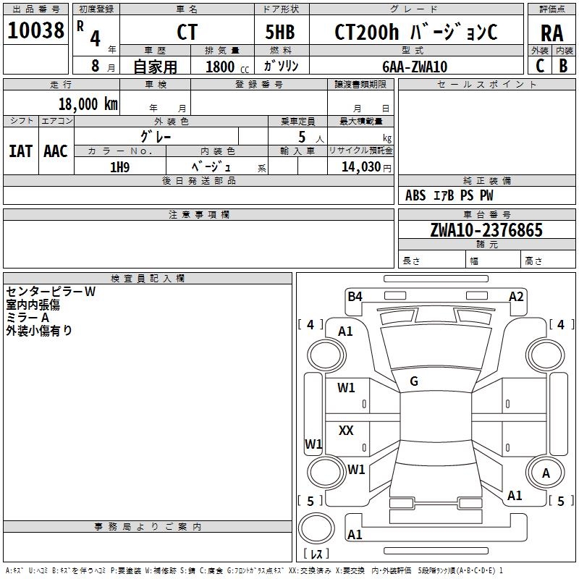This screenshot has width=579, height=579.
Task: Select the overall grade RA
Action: [551, 33]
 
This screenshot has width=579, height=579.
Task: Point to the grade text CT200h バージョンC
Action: [415, 33]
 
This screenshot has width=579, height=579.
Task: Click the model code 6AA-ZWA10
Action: [415, 67]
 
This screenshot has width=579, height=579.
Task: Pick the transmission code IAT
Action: [20, 151]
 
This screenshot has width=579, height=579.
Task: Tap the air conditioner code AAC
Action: [56, 151]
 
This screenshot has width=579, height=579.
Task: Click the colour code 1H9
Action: [119, 166]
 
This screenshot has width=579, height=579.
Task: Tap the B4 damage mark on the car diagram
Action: [355, 296]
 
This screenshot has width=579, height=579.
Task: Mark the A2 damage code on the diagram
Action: [516, 296]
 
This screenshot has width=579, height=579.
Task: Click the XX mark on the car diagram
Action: [346, 431]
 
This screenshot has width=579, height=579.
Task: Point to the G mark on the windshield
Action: [414, 381]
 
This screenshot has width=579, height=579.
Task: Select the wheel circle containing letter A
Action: [546, 473]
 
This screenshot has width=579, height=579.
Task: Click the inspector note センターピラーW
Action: [51, 292]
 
